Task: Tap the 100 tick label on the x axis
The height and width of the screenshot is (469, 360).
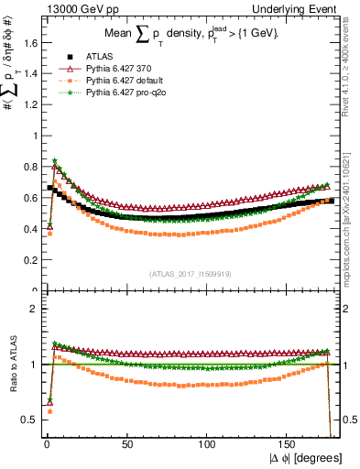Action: (x=207, y=442)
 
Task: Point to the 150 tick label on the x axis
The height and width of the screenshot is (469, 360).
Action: (x=288, y=442)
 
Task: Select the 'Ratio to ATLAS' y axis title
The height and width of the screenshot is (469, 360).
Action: (x=11, y=365)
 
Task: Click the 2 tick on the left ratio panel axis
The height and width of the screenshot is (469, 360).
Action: (x=35, y=309)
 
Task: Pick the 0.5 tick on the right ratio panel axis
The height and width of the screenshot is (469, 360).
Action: (x=349, y=420)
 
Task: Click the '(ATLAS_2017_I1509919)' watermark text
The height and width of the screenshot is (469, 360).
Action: (x=190, y=272)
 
